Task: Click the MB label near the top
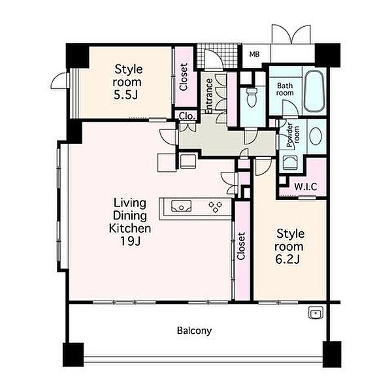[254, 54]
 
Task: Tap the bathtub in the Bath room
[314, 91]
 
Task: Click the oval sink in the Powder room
[316, 136]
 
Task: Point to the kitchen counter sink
[182, 206]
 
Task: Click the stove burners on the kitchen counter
[215, 207]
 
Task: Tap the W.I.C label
[306, 187]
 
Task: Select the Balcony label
[194, 331]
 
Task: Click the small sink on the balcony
[316, 313]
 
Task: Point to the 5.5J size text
[126, 95]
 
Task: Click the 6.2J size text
[287, 260]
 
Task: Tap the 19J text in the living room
[131, 241]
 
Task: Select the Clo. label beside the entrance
[187, 116]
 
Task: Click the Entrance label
[209, 96]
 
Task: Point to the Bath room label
[285, 90]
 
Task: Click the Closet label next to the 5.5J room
[184, 77]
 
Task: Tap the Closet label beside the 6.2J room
[241, 246]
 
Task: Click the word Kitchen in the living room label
[130, 229]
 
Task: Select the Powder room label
[293, 135]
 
